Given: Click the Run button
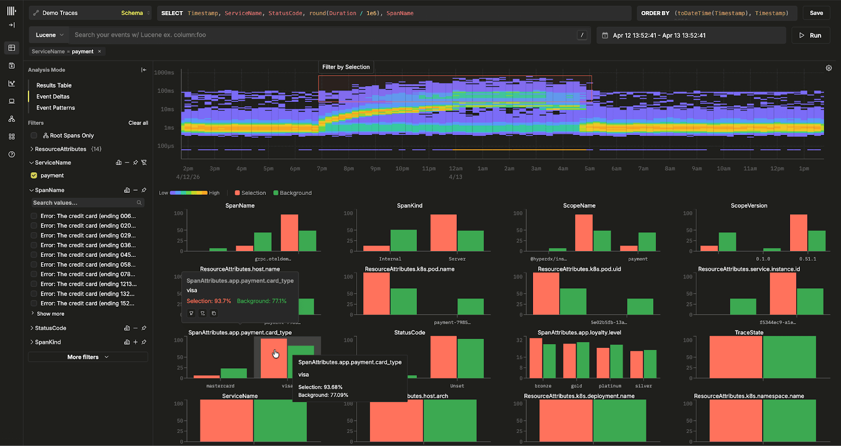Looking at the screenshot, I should tap(811, 35).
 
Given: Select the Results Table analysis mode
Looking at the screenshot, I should tap(54, 85).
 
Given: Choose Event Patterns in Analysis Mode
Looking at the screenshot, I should tap(55, 108).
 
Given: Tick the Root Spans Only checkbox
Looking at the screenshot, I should tap(34, 136).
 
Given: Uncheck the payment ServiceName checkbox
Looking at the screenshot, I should tap(34, 175).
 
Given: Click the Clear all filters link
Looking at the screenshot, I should tap(138, 123).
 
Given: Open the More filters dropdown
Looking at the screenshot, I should tap(88, 357).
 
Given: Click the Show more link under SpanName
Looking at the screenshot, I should tap(50, 314).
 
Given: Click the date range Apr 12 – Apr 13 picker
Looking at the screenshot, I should tap(659, 35).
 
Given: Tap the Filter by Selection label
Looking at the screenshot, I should tap(346, 67).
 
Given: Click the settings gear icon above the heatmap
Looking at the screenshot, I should tap(828, 68).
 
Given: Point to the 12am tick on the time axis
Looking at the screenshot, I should tap(456, 169).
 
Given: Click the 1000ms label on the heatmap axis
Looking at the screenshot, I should tap(164, 72).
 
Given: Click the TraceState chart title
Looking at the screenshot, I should tap(748, 333).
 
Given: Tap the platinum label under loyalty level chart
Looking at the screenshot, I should tap(610, 386).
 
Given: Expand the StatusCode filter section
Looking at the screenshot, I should tap(50, 328).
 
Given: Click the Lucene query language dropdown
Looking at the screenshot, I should tap(49, 35).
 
